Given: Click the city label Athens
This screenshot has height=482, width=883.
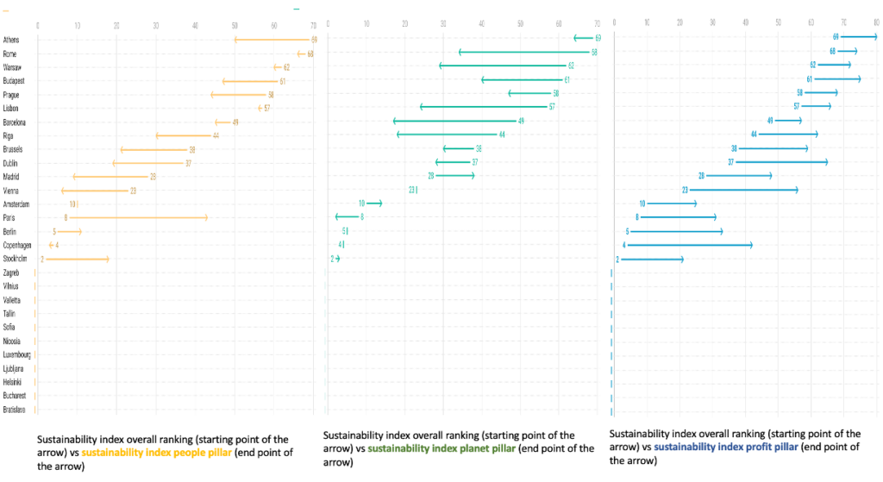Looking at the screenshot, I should coord(11,40).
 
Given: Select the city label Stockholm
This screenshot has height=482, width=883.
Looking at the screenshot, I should coord(16,259).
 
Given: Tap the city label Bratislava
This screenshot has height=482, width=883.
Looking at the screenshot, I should coord(15,409).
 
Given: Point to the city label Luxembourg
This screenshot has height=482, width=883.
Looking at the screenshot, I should coord(17,354).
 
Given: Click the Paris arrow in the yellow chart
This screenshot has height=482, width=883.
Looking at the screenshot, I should coord(138,217).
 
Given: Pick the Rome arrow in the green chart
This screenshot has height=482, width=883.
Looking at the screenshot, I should coord(526,53).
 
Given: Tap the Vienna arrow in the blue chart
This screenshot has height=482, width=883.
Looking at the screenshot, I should coord(743,190).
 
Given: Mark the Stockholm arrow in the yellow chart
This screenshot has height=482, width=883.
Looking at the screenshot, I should coord(76,259).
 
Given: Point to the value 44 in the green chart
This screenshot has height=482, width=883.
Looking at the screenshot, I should coord(502,135).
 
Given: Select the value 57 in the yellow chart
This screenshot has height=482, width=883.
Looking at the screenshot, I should coord(267,108).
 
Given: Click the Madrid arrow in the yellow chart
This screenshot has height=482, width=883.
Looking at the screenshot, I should coord(112,176).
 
